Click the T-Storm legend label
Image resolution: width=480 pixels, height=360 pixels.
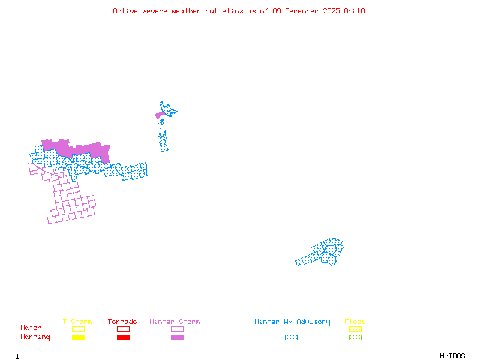point(77,322)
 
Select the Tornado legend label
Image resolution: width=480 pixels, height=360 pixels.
point(122,322)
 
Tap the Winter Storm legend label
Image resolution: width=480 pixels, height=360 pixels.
point(175,322)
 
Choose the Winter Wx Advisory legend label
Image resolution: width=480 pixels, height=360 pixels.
point(292,322)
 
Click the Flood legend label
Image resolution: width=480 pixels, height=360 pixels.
point(355,322)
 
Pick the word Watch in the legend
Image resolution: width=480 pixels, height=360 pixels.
point(31,328)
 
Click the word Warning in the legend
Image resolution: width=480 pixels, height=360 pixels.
point(35,337)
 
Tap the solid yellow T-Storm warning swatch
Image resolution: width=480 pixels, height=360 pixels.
point(78,337)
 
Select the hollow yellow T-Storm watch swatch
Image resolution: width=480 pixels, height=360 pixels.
point(78,329)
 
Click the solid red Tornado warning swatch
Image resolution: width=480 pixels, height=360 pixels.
point(123,337)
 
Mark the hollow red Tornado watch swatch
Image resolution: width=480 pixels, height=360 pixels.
point(123,329)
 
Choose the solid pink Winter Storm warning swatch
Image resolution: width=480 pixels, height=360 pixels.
point(177,337)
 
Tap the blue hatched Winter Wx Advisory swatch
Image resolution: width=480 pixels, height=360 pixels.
point(291,337)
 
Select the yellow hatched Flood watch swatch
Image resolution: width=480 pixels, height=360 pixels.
point(355,329)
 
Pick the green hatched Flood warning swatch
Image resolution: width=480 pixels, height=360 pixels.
point(355,337)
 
